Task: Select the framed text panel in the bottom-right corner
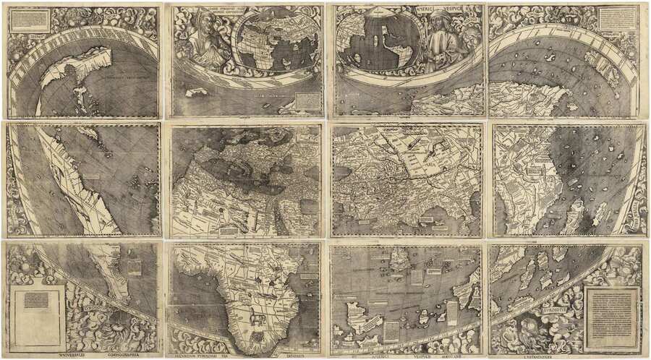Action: click(611, 318)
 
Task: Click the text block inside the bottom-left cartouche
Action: click(35, 300)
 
